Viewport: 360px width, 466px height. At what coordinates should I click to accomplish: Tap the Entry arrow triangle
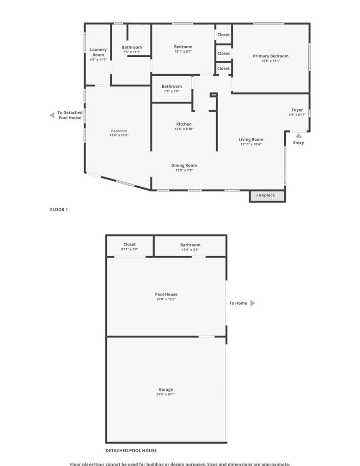[299, 135]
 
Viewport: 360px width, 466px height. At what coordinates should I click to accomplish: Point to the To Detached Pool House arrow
[52, 115]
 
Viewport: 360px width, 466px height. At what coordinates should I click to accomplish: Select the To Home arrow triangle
[252, 303]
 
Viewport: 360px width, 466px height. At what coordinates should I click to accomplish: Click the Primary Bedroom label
[270, 56]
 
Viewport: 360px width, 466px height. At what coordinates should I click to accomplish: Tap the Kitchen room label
[184, 124]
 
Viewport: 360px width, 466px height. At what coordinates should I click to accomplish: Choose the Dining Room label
[184, 165]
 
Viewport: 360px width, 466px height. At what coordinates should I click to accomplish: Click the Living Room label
[251, 139]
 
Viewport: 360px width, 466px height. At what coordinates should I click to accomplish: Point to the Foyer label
[297, 110]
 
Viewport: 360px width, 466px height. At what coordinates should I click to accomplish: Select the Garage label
[165, 390]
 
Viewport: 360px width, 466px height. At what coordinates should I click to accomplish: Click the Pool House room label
[166, 294]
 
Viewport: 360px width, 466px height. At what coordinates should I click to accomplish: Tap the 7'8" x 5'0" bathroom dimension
[171, 91]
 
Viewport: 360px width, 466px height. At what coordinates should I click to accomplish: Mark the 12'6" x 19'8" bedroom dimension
[119, 135]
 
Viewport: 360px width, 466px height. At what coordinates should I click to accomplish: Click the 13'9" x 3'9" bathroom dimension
[190, 250]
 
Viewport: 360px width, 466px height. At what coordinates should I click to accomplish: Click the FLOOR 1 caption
[59, 209]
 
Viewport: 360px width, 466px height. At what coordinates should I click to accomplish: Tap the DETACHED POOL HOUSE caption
[131, 450]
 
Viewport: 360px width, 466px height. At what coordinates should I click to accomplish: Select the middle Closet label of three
[223, 53]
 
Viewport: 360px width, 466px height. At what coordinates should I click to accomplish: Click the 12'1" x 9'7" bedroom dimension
[183, 52]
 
